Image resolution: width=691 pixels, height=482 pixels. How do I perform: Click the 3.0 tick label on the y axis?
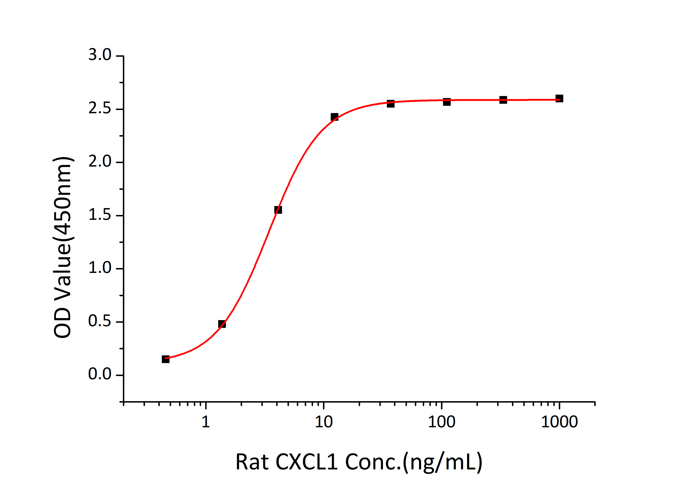pyautogui.click(x=100, y=55)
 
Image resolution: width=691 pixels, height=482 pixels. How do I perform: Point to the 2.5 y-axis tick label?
pyautogui.click(x=100, y=109)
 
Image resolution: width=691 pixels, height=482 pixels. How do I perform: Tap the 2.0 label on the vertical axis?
pyautogui.click(x=100, y=162)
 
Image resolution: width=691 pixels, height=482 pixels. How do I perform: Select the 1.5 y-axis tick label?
pyautogui.click(x=100, y=215)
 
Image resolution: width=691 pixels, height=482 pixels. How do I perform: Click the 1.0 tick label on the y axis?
pyautogui.click(x=100, y=268)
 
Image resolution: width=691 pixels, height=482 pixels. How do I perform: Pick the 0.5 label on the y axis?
pyautogui.click(x=100, y=321)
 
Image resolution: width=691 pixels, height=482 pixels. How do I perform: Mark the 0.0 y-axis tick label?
pyautogui.click(x=100, y=375)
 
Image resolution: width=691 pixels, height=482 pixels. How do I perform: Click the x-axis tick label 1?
pyautogui.click(x=206, y=422)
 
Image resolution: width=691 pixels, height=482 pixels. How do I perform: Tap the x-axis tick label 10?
pyautogui.click(x=324, y=422)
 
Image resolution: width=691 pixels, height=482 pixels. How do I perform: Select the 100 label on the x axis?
pyautogui.click(x=441, y=422)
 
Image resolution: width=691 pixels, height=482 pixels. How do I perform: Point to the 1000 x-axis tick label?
pyautogui.click(x=559, y=422)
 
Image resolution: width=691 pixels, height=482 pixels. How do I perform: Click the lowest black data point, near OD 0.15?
pyautogui.click(x=165, y=359)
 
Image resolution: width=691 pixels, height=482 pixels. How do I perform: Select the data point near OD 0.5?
pyautogui.click(x=222, y=324)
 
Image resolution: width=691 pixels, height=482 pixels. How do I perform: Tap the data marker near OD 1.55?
pyautogui.click(x=278, y=209)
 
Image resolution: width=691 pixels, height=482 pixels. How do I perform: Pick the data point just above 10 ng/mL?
pyautogui.click(x=334, y=117)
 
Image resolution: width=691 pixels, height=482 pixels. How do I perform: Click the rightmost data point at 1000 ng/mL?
pyautogui.click(x=559, y=98)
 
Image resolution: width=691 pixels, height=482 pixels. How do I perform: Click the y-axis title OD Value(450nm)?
pyautogui.click(x=63, y=247)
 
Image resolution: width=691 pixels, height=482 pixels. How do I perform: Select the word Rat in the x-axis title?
pyautogui.click(x=252, y=462)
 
